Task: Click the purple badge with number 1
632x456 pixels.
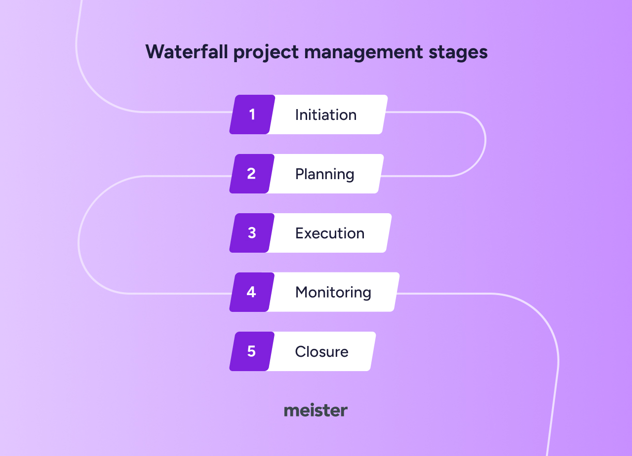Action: [x=252, y=114]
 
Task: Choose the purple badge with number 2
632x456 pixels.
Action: [x=251, y=174]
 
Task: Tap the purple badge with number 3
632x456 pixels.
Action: [x=252, y=233]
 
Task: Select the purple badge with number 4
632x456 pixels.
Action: [x=251, y=292]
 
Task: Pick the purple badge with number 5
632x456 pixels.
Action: [x=251, y=351]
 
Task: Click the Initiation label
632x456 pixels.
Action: [x=326, y=114]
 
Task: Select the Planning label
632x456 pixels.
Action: [x=324, y=174]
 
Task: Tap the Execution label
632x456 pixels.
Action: [x=330, y=233]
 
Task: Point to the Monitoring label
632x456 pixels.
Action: [x=333, y=292]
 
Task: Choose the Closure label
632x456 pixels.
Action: [x=321, y=351]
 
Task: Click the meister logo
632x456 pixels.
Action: [x=316, y=411]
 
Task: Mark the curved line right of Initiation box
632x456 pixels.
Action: [x=485, y=141]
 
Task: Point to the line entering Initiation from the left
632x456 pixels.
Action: [x=188, y=112]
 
